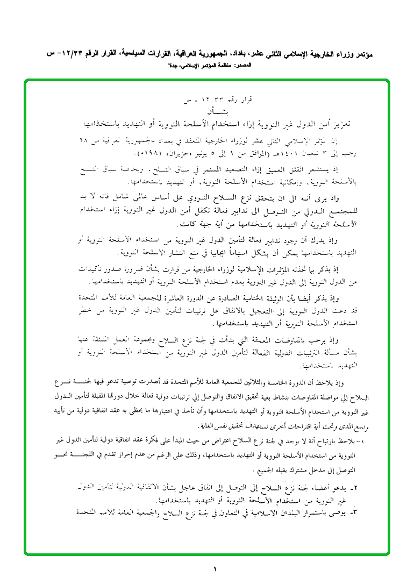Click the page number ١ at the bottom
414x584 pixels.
[x=213, y=569]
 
